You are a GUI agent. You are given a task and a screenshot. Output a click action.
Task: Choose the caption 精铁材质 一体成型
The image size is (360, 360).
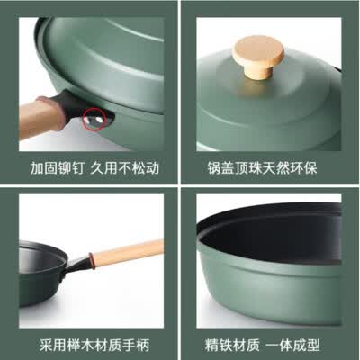click(268, 346)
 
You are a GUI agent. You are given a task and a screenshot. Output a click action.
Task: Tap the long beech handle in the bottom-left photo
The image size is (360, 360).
click(126, 253)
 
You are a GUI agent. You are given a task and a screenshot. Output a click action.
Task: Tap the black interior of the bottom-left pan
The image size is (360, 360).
click(36, 261)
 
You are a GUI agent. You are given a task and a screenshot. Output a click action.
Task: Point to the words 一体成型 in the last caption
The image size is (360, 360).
click(297, 346)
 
